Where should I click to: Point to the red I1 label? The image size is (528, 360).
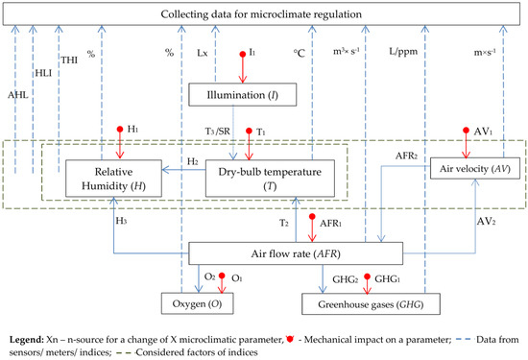[x=252, y=48]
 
